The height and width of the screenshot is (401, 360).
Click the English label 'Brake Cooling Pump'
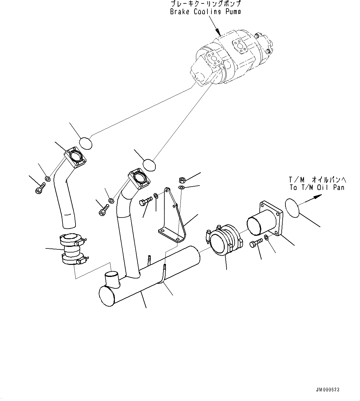pyautogui.click(x=205, y=12)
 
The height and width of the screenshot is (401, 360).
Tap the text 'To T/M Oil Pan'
pyautogui.click(x=317, y=188)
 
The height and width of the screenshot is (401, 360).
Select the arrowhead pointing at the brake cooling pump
pyautogui.click(x=218, y=32)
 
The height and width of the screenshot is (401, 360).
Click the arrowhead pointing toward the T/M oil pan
pyautogui.click(x=317, y=196)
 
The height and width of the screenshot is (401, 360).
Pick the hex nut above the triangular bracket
pyautogui.click(x=182, y=180)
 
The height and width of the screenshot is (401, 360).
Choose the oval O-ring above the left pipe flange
pyautogui.click(x=85, y=144)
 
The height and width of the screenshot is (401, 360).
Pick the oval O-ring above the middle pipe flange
pyautogui.click(x=149, y=165)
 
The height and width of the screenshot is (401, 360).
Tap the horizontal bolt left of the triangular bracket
pyautogui.click(x=146, y=201)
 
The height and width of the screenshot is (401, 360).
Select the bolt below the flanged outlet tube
pyautogui.click(x=256, y=243)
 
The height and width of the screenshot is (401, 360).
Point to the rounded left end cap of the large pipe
pyautogui.click(x=107, y=296)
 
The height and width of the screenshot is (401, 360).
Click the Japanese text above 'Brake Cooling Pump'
pyautogui.click(x=206, y=4)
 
